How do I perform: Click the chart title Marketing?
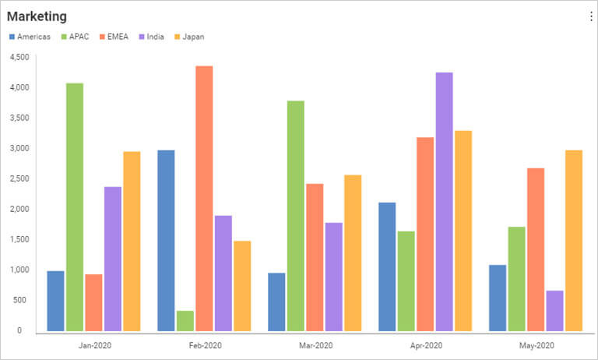point(37,16)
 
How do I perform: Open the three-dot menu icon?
point(590,17)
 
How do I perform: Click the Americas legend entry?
point(29,37)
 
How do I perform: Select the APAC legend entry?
point(75,37)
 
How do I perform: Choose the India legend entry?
point(151,37)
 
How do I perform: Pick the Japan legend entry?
point(188,37)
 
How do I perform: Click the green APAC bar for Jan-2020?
point(75,206)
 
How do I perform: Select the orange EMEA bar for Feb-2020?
point(204,198)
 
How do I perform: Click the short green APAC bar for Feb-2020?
point(185,320)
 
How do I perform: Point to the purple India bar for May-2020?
point(554,310)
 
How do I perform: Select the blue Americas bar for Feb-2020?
point(166,240)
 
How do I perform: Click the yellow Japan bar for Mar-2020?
point(353,252)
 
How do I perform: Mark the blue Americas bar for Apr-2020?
point(387,266)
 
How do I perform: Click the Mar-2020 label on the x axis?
point(315,345)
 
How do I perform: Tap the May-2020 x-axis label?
point(536,345)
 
